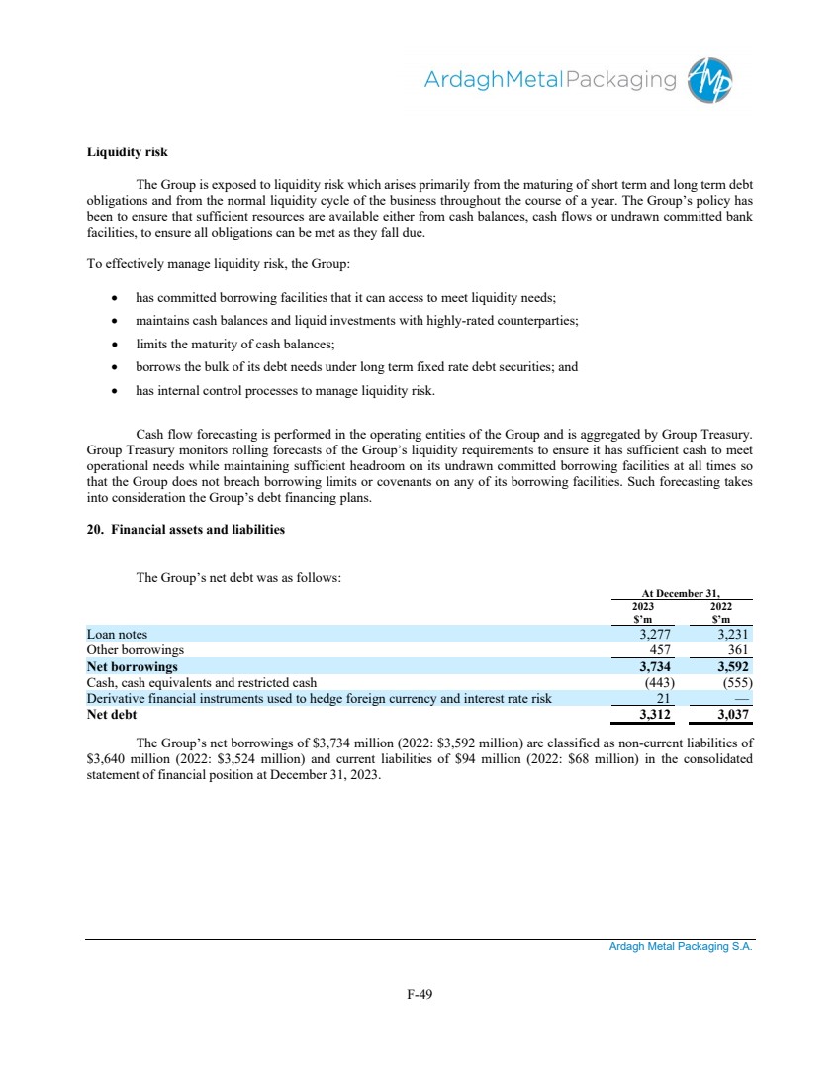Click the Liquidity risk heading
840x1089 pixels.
[128, 152]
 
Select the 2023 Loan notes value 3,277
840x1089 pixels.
[654, 634]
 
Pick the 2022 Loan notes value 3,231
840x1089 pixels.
[733, 634]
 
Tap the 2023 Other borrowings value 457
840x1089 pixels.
[659, 650]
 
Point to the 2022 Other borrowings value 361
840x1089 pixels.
[739, 650]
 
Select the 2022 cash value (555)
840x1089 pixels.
[734, 682]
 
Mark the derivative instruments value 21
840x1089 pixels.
[665, 698]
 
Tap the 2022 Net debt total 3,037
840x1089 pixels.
[733, 714]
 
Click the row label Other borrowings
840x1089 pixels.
[136, 650]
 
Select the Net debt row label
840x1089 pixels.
[112, 714]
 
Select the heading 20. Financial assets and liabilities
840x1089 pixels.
[185, 530]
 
